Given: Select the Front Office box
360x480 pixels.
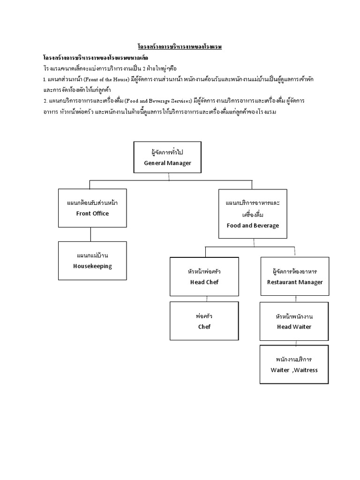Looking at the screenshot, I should (x=92, y=208).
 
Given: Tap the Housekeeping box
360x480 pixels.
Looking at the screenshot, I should (x=92, y=261).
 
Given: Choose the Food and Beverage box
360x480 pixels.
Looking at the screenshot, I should (x=253, y=214).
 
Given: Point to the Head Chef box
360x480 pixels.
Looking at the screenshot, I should (x=204, y=277).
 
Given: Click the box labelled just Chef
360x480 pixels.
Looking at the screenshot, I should (x=204, y=321).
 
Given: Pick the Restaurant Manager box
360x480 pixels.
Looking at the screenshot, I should (x=295, y=277).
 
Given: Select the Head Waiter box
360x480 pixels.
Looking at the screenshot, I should (x=294, y=321).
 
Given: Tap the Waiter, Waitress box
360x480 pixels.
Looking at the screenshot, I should (x=294, y=365).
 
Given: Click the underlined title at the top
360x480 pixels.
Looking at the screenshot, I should (x=180, y=47).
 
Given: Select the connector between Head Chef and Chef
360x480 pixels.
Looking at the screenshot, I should (x=204, y=298).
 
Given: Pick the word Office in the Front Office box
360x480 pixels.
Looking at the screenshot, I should (x=101, y=214).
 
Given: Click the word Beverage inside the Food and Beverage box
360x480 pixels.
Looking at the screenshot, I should (x=266, y=225).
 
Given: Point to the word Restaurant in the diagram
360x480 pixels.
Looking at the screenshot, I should (x=283, y=282).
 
